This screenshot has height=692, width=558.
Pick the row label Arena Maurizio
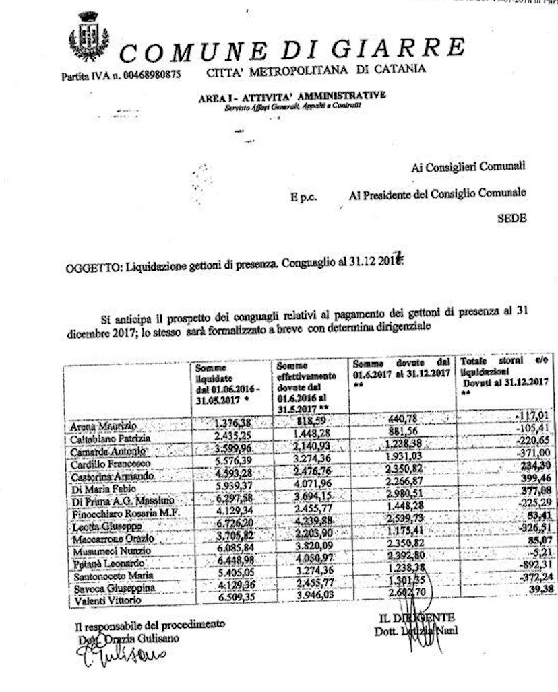104,427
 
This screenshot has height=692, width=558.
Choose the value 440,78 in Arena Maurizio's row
404,420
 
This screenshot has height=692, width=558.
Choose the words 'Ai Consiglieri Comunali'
468,167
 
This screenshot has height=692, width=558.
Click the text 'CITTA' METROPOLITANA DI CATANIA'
315,70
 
